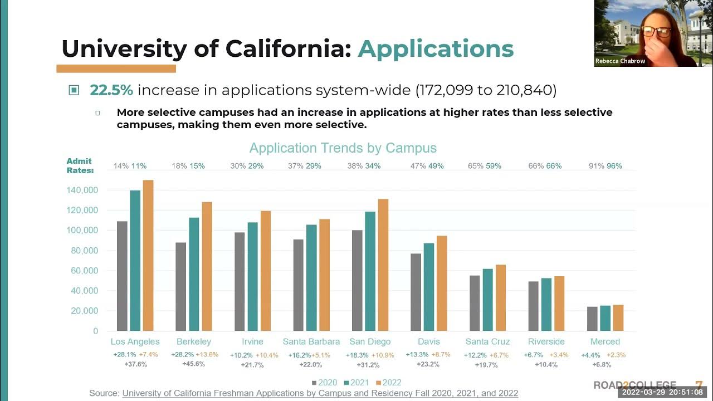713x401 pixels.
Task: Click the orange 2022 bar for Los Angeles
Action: point(148,256)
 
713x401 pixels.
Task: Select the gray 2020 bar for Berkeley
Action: point(181,286)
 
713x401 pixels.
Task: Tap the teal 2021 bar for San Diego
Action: point(370,271)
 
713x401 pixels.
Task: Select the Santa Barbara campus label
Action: point(311,341)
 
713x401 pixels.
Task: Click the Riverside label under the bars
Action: point(546,341)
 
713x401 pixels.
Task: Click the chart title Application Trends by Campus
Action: point(343,148)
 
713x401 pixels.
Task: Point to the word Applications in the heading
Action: point(436,49)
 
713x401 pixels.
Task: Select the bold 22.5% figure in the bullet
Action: point(111,90)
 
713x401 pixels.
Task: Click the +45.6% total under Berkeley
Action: point(193,364)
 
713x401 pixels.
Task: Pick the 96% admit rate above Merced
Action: point(614,166)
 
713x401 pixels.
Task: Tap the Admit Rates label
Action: point(79,166)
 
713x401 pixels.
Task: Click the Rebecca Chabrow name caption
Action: point(620,61)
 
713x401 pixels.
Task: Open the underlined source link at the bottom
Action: point(320,393)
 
